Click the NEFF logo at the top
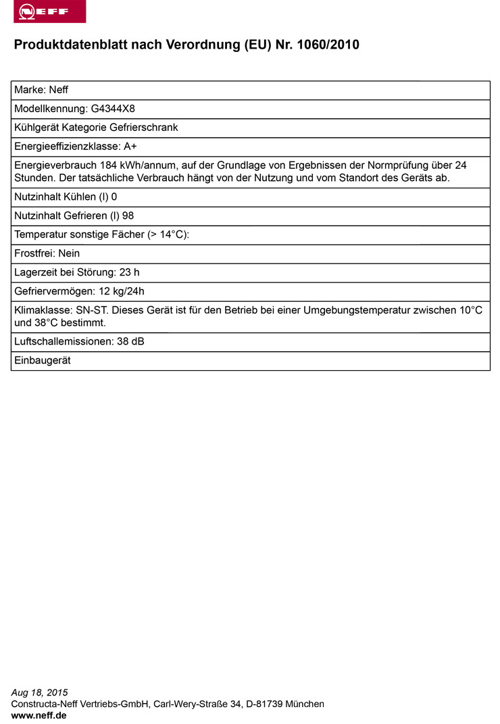(49, 12)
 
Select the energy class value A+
(130, 147)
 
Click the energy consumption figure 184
(109, 165)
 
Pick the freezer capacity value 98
(128, 216)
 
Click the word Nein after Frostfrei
(70, 254)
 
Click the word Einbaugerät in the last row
(43, 361)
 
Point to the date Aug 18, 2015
(40, 692)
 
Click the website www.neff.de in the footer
(39, 715)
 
